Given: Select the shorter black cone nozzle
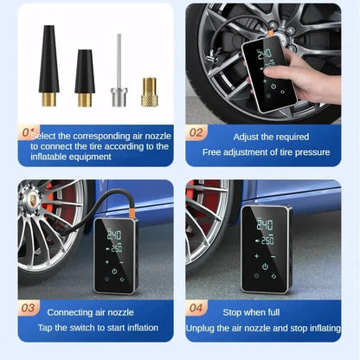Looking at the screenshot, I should [x=85, y=78].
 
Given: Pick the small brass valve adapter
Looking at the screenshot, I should [x=150, y=91].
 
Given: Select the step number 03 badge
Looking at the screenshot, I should [x=29, y=307].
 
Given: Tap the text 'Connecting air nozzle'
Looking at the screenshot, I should [x=95, y=312].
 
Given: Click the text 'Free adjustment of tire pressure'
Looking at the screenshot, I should [x=266, y=152].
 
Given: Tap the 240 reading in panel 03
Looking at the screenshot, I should [x=113, y=235].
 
